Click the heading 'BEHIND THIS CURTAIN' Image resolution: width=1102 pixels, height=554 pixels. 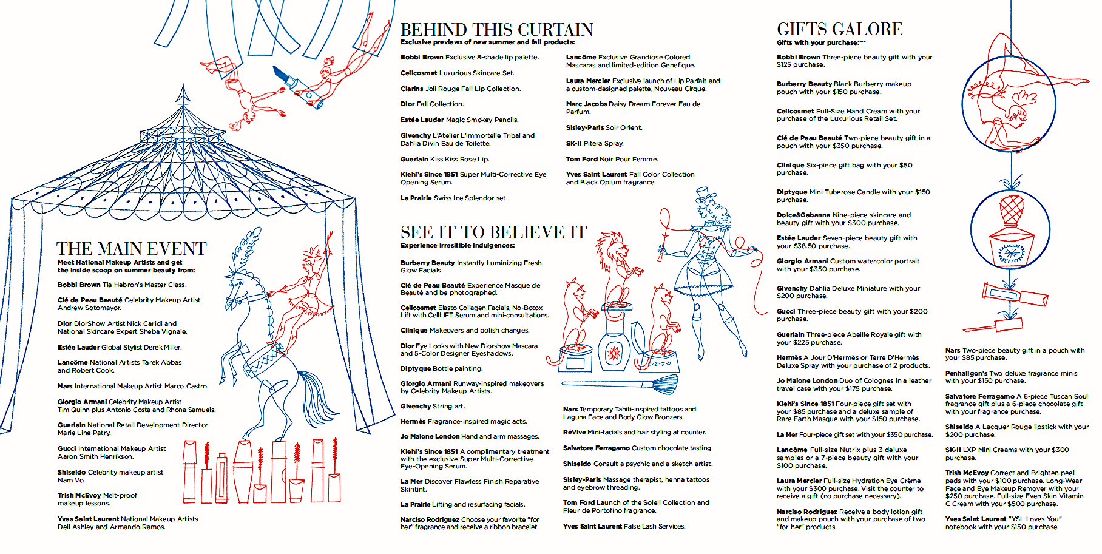pos(496,30)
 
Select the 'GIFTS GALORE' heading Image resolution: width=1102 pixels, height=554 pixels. pos(839,29)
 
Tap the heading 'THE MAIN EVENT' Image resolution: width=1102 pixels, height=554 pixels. pos(132,249)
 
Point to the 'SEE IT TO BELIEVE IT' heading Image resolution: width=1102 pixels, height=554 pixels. pos(493,232)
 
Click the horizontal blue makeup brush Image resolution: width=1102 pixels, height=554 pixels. pos(613,383)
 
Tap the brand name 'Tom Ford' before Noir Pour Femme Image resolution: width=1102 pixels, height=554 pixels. pos(581,159)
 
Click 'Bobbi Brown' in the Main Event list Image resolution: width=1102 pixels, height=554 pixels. pos(79,285)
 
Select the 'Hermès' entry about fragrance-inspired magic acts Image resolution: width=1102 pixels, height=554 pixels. pos(413,421)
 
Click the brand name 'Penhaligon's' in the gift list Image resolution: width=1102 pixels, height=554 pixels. pos(966,373)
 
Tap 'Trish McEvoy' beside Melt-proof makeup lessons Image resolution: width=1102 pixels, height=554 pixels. pos(79,495)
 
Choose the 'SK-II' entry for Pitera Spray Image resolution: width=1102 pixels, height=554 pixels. pos(573,143)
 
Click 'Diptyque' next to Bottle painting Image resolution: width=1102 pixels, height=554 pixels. pos(416,368)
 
